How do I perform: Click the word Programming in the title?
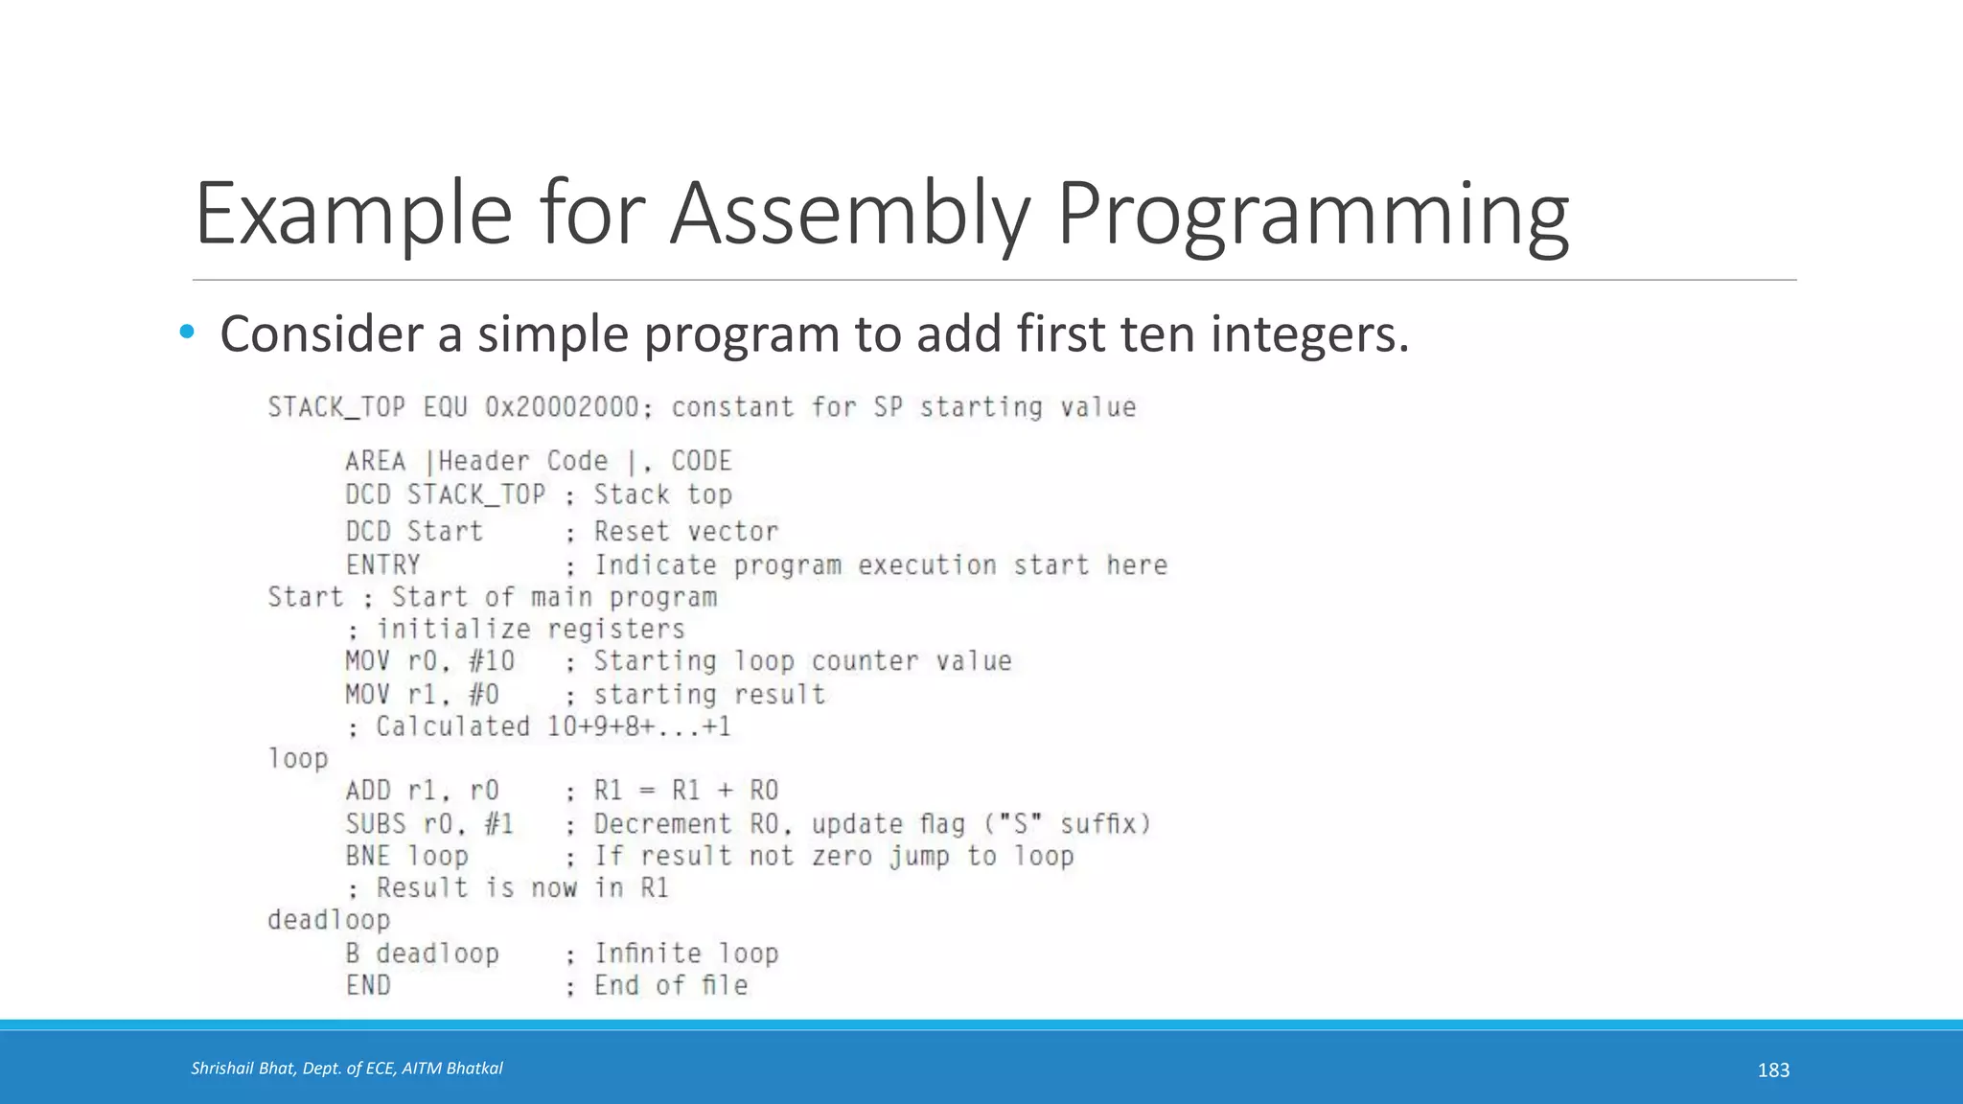(1311, 216)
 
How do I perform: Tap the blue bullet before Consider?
(186, 333)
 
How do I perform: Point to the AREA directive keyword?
(375, 461)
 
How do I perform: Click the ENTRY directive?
(382, 565)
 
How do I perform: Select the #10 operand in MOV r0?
(492, 661)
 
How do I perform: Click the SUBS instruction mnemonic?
(376, 824)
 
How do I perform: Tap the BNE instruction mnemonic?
(368, 856)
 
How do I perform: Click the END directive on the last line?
(368, 985)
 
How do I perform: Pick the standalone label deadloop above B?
(329, 920)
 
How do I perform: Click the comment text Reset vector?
(686, 531)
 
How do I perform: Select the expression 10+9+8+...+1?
(638, 726)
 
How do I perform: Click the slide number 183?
(1773, 1070)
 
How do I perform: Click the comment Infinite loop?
(686, 954)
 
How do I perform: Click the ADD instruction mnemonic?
(368, 791)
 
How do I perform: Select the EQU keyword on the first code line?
(446, 407)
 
